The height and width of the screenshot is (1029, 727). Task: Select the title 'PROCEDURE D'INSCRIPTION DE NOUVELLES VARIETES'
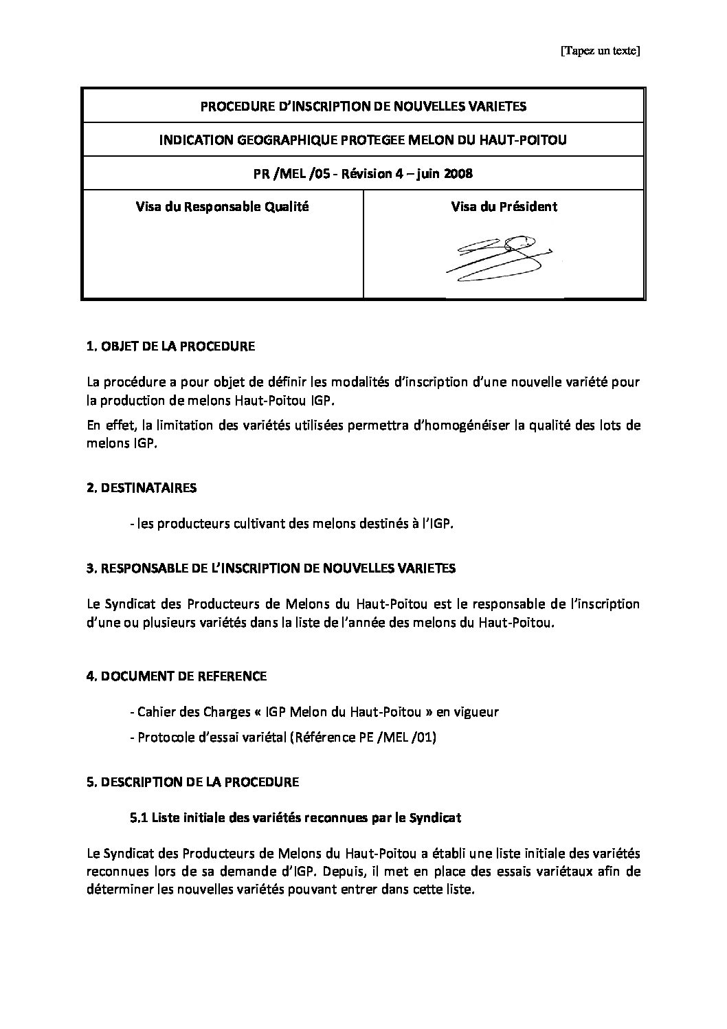coord(363,106)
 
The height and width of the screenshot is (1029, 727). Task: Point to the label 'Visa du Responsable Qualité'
coord(222,206)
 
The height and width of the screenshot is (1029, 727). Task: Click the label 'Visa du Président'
coord(504,206)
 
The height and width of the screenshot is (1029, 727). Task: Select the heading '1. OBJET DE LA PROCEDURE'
coord(170,346)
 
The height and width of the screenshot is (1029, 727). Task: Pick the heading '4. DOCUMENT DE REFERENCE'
coord(177,676)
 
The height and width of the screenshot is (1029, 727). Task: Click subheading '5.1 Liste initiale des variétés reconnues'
coord(295,817)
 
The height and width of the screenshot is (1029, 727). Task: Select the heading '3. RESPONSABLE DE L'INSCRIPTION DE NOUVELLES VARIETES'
coord(271,568)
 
